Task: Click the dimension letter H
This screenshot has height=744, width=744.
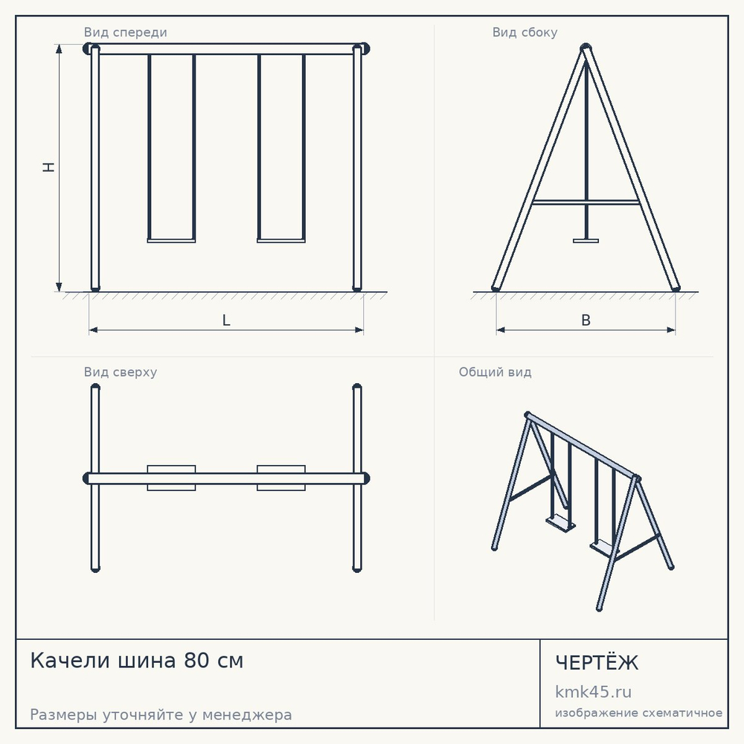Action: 48,167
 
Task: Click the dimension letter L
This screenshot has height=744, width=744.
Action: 226,320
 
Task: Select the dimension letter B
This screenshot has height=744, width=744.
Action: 586,320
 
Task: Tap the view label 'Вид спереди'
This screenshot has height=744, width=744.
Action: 125,32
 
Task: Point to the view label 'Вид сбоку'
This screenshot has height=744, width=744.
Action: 525,32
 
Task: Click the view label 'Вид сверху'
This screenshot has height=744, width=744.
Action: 120,372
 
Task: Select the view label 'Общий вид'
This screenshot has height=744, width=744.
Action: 495,372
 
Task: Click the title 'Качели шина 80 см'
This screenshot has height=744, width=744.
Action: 137,660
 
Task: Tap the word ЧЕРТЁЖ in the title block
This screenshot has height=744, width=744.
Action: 597,662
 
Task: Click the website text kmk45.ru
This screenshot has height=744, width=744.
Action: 593,692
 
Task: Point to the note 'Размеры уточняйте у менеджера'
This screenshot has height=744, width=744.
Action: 161,714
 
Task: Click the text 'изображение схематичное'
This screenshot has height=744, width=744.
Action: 638,713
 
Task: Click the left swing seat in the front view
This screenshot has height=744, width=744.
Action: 171,240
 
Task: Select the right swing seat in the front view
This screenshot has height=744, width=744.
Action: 281,240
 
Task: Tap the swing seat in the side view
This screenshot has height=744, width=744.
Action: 586,241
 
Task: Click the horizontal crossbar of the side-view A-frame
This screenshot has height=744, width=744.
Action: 586,202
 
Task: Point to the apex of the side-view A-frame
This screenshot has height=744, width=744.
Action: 586,45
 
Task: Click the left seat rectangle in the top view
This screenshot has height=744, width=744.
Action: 171,478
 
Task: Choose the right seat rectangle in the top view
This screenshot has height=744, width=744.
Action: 281,478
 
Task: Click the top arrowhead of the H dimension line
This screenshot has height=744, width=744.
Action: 59,48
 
